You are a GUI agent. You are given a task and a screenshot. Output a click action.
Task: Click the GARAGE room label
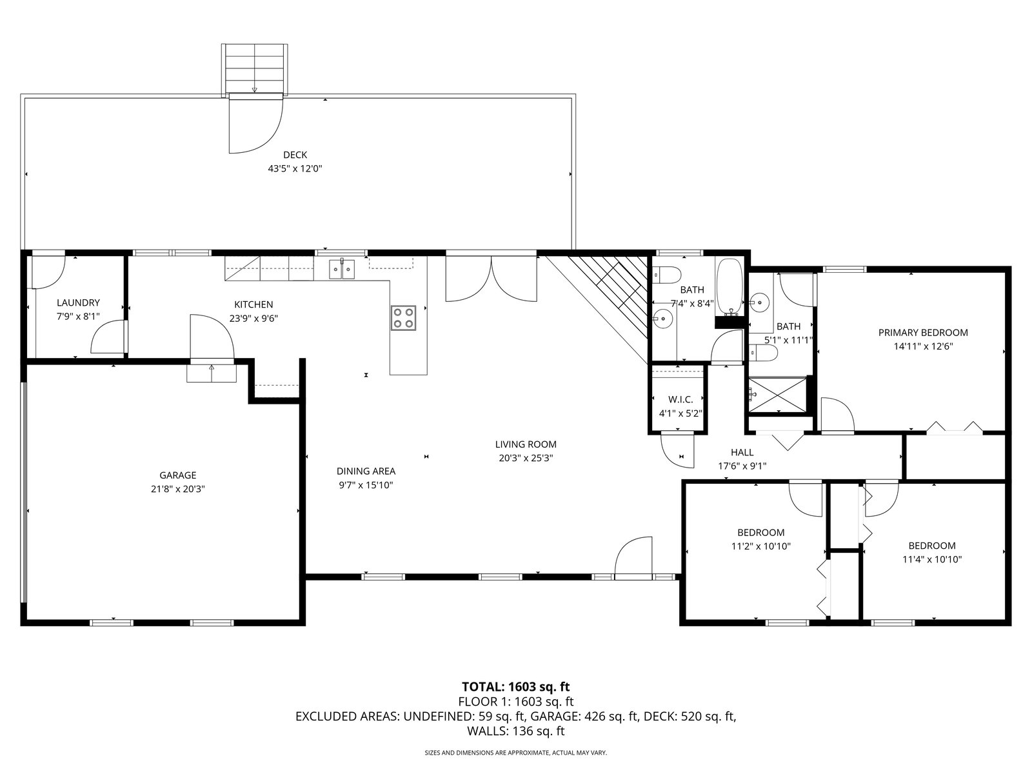click(x=178, y=475)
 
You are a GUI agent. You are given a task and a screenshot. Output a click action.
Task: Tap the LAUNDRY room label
click(x=78, y=303)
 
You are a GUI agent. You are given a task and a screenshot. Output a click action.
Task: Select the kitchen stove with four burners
click(x=403, y=318)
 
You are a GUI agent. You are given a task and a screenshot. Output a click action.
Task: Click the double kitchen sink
click(x=342, y=270)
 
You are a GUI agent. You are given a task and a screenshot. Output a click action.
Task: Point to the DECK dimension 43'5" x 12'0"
click(x=295, y=168)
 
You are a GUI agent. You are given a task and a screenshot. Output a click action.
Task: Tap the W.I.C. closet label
click(x=680, y=399)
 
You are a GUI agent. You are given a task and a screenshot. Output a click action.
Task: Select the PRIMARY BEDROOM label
click(x=923, y=333)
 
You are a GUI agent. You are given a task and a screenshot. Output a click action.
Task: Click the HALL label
click(x=742, y=452)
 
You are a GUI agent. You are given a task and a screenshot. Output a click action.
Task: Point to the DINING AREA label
click(x=366, y=471)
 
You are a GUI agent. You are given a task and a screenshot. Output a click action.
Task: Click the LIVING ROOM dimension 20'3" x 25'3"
click(x=526, y=458)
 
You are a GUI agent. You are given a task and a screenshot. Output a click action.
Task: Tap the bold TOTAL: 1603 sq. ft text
click(x=516, y=686)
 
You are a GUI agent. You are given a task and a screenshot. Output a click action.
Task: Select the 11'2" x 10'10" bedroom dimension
click(x=760, y=546)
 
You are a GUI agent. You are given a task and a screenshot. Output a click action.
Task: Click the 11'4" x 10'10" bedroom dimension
click(x=932, y=559)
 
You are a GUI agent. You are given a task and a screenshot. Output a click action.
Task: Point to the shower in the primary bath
click(x=778, y=395)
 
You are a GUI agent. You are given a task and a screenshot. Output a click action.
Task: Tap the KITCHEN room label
click(x=253, y=304)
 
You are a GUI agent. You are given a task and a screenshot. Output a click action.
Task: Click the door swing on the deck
click(x=256, y=124)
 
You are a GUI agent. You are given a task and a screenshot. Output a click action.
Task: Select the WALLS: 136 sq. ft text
click(x=516, y=731)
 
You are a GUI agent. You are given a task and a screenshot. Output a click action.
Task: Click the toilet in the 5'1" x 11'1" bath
click(x=762, y=352)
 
